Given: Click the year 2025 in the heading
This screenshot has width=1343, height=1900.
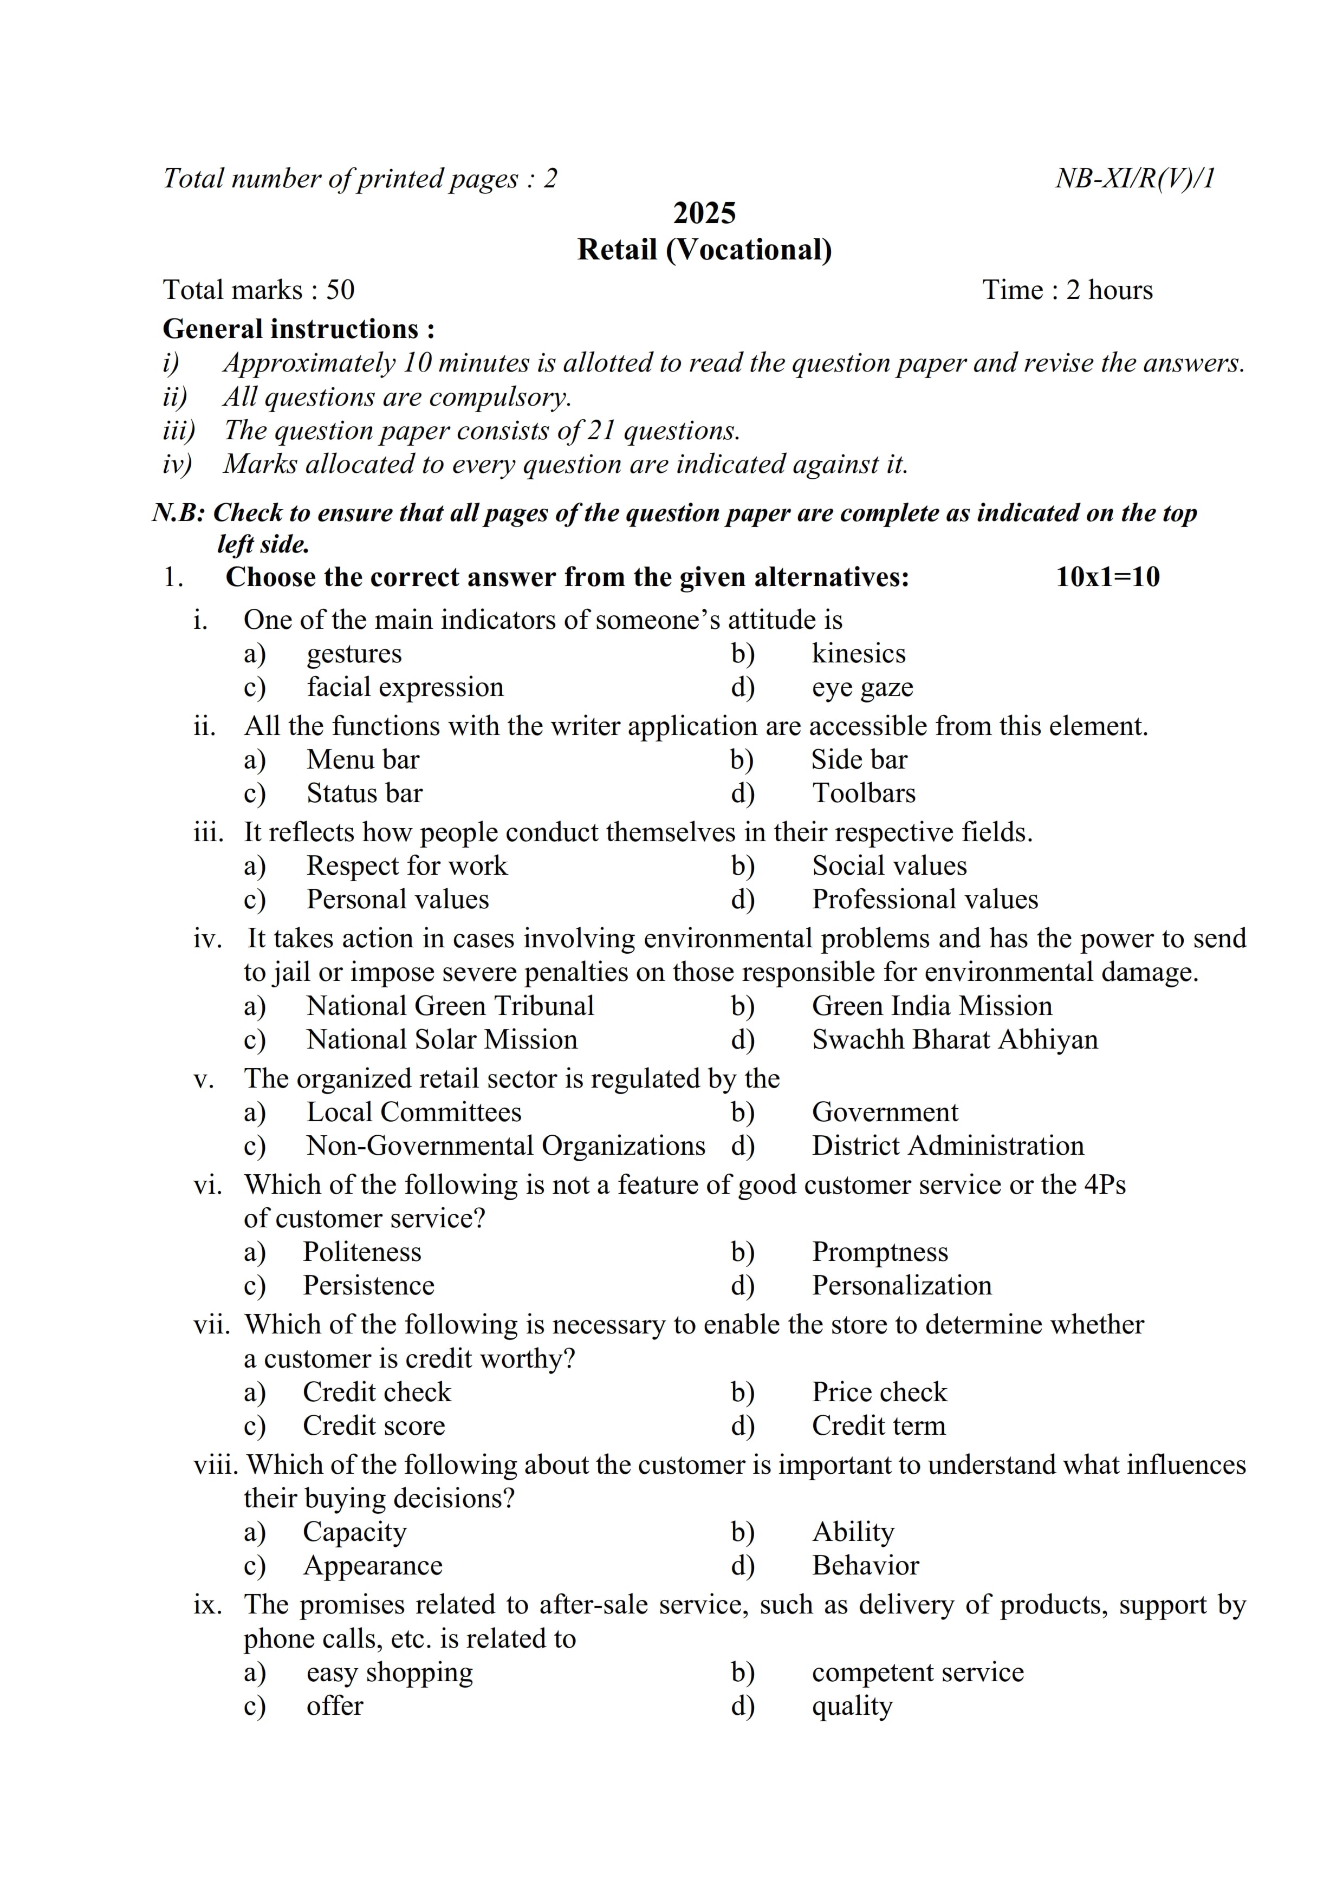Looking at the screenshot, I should tap(704, 213).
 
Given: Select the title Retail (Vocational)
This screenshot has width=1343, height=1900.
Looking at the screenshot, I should tap(704, 250).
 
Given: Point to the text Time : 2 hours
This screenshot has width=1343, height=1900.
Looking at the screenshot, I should tap(1067, 290).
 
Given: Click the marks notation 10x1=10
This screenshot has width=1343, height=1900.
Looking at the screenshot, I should tap(1107, 577).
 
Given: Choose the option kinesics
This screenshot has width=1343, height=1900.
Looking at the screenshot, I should tap(858, 654).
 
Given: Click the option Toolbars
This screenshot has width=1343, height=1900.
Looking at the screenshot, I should tap(863, 793).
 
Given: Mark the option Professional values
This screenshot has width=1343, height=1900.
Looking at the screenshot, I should tap(924, 900).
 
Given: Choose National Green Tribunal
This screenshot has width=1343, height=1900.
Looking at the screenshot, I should tap(450, 1006).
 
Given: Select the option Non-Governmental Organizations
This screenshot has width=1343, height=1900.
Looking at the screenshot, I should tap(505, 1146).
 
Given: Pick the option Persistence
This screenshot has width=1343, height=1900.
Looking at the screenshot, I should tap(368, 1286).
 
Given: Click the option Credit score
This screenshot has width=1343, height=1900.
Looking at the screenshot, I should tap(374, 1426).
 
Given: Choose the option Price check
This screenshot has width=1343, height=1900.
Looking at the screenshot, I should tap(879, 1393).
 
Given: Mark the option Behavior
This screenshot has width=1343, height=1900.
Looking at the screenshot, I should tap(865, 1566).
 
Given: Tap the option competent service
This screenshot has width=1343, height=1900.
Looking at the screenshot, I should tap(917, 1673).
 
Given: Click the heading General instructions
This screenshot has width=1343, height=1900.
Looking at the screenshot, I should tap(299, 329).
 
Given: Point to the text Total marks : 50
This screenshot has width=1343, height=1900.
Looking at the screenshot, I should tap(258, 290).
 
